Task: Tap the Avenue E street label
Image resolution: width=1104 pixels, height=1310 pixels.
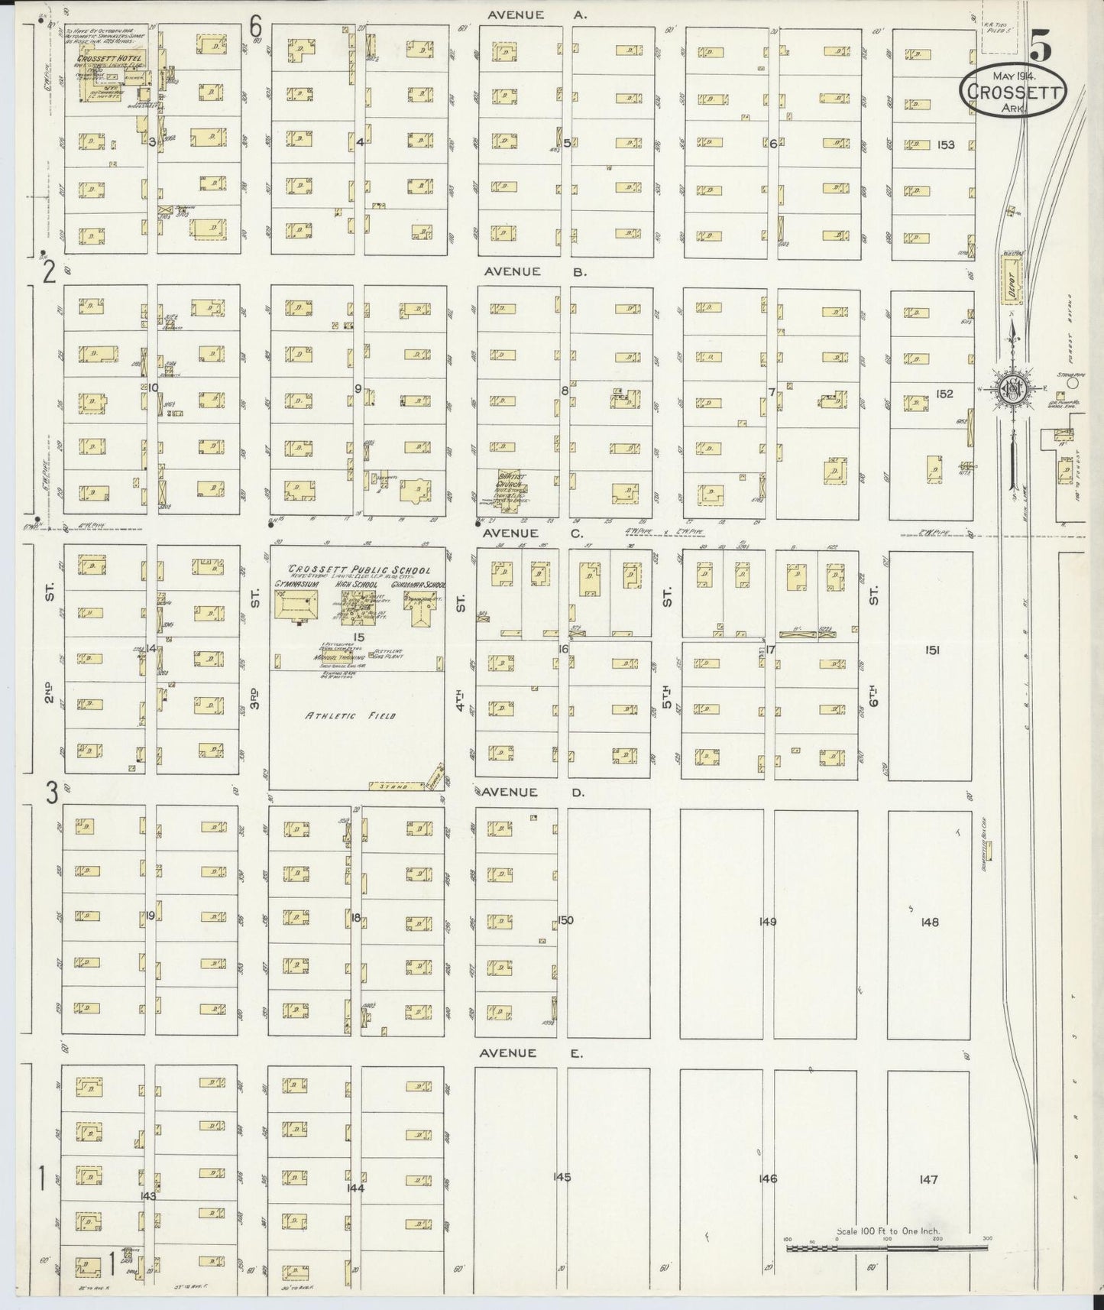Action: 531,1053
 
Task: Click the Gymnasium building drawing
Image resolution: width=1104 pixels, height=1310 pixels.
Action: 294,610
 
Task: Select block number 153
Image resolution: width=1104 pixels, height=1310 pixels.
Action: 946,144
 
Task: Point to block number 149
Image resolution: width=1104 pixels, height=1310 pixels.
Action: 768,922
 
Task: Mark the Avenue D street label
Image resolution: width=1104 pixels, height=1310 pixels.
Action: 533,793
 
